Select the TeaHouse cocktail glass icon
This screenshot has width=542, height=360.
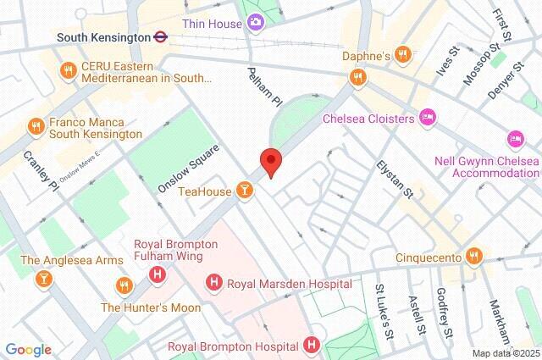coord(245,191)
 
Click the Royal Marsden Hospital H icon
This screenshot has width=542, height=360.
coord(214,283)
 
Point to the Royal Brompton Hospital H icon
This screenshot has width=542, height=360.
coord(312,346)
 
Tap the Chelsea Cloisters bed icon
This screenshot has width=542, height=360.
coord(429,118)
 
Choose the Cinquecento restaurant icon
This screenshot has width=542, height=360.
coord(474,256)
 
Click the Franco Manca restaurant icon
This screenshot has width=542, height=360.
coord(36,127)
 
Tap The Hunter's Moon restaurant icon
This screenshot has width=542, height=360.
coord(125,284)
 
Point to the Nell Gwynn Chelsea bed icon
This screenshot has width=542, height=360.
coord(514,138)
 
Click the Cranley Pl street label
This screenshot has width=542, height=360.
coord(40,171)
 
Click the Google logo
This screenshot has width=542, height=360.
coord(27,349)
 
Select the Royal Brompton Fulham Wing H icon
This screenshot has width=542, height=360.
coord(156,274)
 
